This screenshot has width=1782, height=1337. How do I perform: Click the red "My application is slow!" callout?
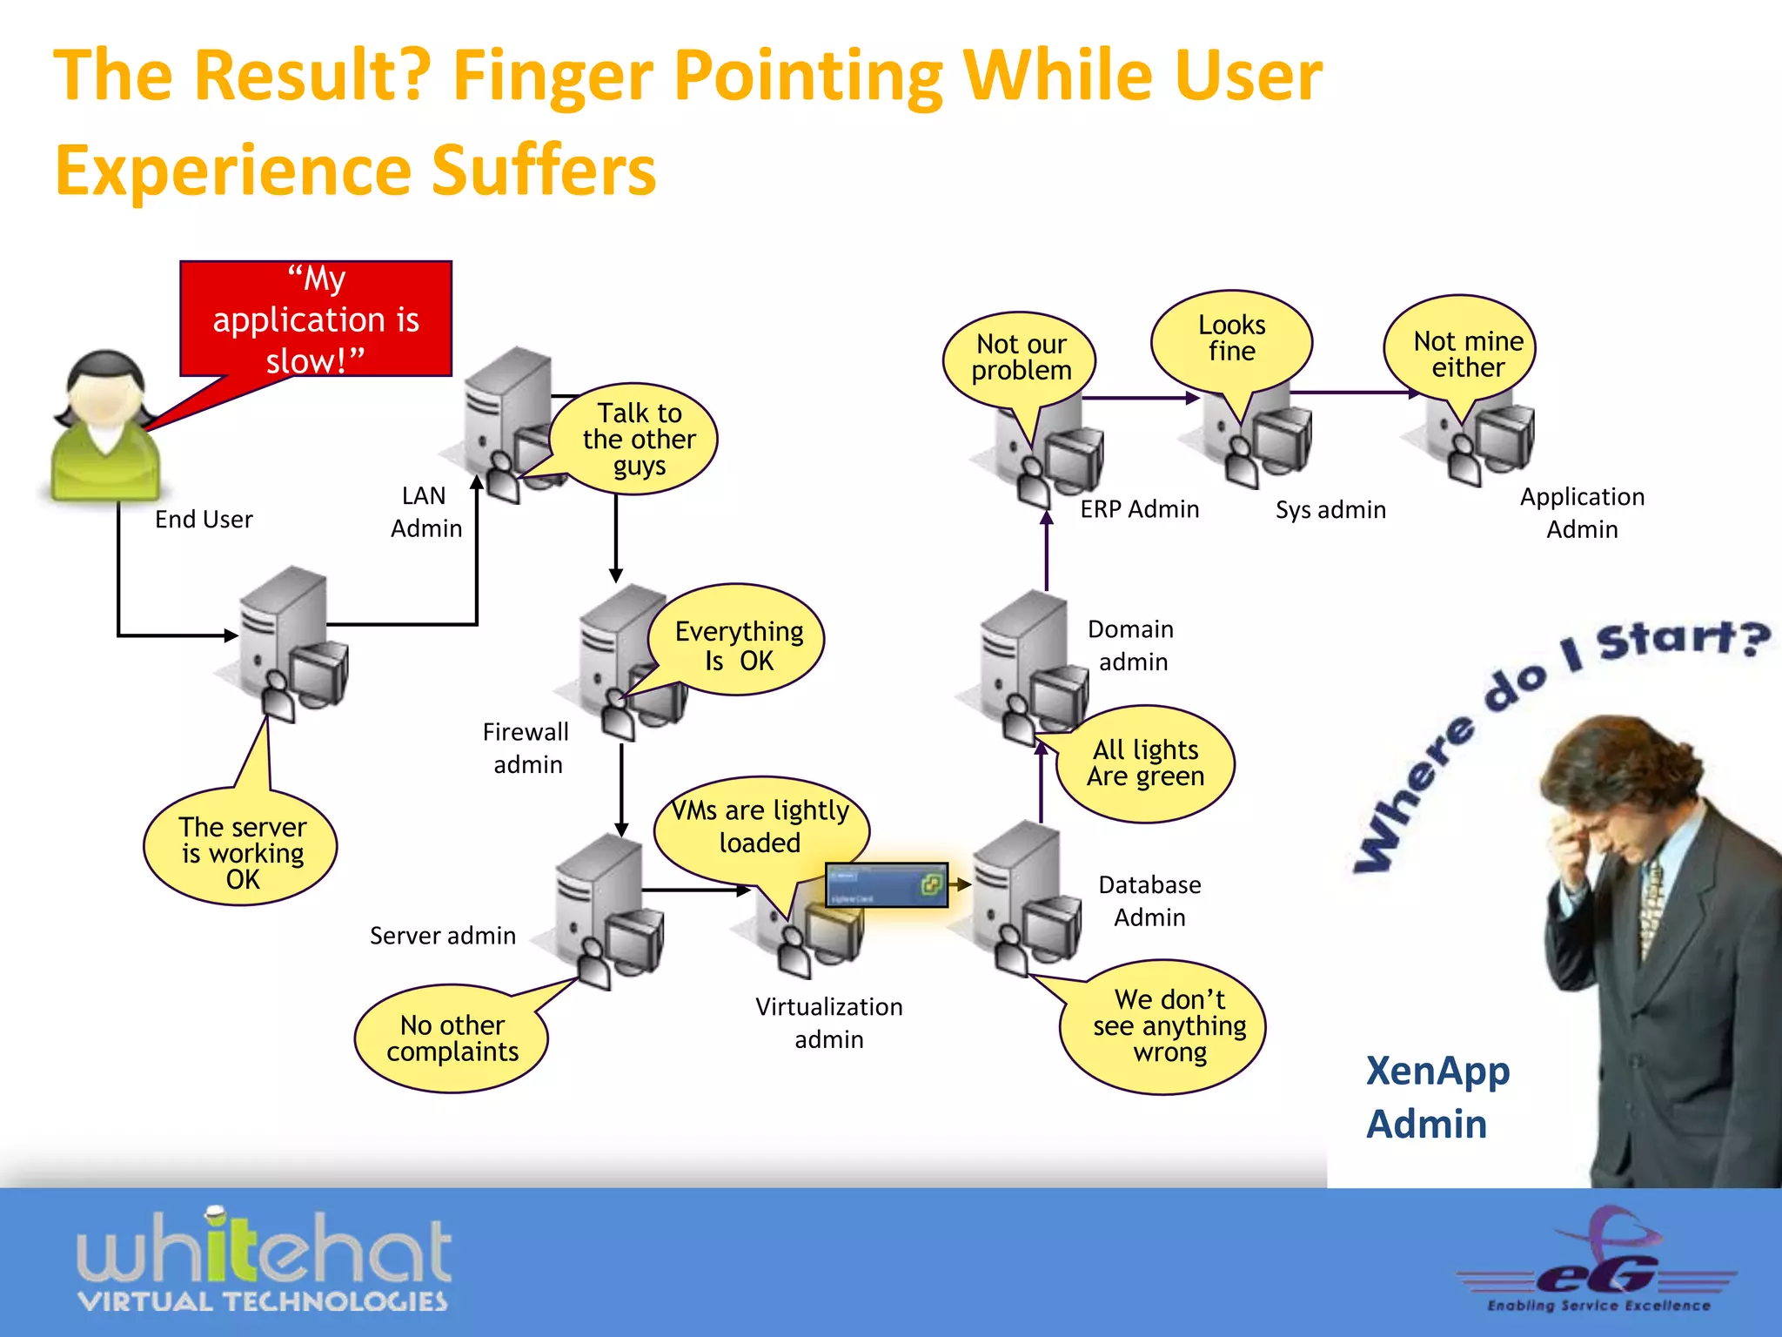316,319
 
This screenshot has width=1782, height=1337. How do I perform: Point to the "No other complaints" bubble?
452,1038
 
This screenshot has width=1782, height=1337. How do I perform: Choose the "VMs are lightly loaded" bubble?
760,825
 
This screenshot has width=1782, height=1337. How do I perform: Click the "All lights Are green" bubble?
1145,763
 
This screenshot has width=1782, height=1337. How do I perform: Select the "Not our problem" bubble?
1021,357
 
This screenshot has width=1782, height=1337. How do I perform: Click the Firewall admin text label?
526,748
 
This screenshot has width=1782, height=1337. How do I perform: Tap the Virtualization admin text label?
828,1022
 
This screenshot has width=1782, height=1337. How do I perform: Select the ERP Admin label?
1139,509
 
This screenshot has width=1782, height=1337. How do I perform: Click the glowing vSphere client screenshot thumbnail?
886,885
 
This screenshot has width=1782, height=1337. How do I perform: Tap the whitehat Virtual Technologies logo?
264,1261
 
